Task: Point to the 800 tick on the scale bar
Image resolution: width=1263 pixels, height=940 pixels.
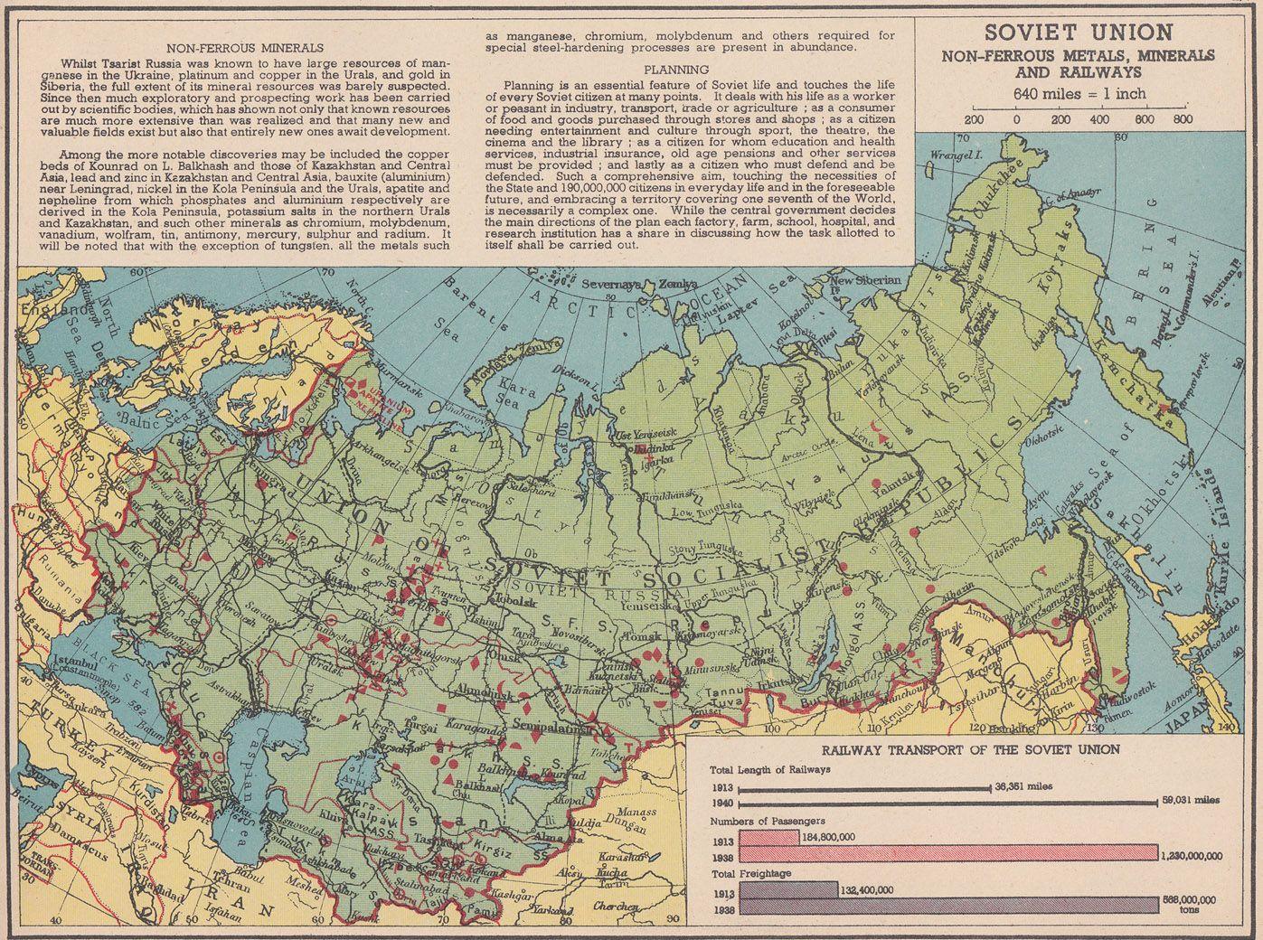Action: [x=1182, y=118]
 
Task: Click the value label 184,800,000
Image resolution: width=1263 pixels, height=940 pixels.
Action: [x=829, y=837]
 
